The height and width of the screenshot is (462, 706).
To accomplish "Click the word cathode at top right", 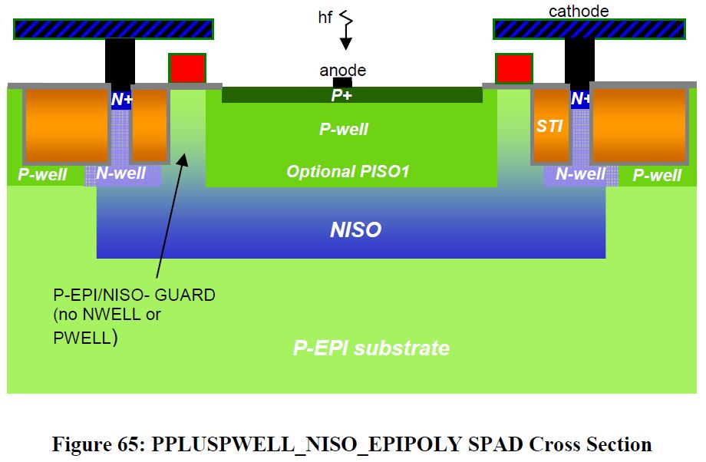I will pos(578,11).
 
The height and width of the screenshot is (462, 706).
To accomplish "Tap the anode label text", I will pos(342,71).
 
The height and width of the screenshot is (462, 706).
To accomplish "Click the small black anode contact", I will pos(342,82).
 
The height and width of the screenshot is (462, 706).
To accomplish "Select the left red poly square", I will pos(186,68).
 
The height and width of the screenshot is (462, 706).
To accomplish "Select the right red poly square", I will pos(513,68).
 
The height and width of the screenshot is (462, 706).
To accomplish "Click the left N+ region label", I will pos(121,99).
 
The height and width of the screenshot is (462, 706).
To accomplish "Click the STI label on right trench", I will pos(549,127).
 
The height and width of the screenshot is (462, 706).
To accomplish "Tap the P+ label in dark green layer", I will pos(341,96).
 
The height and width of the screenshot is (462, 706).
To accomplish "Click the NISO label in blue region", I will pos(355,229).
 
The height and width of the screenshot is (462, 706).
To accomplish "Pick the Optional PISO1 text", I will pos(348,172).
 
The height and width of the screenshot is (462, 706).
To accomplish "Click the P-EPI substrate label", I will pos(371,348).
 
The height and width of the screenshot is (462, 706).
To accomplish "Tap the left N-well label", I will pos(120,173).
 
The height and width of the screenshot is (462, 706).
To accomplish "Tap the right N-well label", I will pos(580,174).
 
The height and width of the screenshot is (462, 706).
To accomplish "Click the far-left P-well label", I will pos(42,175).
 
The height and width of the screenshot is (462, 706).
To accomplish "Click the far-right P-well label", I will pos(657,175).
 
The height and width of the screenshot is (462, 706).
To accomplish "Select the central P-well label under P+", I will pos(344,129).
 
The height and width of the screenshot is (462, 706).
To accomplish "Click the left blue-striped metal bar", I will pos(114,29).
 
